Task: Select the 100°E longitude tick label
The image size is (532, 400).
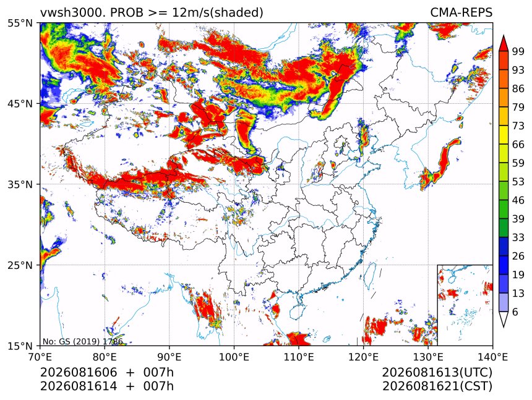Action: (234, 357)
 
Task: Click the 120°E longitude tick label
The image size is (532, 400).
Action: (363, 357)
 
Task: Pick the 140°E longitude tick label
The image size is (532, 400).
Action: (492, 357)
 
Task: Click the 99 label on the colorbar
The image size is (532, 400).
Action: (518, 51)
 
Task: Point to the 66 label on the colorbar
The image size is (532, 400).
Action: (518, 145)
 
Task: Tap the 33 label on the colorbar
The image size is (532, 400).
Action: (518, 237)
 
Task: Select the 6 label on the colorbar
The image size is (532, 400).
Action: (515, 312)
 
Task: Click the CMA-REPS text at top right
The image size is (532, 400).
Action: (461, 12)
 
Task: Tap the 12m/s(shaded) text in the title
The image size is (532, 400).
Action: (218, 13)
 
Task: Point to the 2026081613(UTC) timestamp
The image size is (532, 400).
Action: (437, 372)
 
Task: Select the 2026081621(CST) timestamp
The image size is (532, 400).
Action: (437, 386)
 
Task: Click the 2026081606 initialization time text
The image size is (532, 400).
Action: (79, 372)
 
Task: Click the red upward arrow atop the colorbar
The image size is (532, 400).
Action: (504, 43)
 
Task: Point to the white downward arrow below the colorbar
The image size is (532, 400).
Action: (504, 320)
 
